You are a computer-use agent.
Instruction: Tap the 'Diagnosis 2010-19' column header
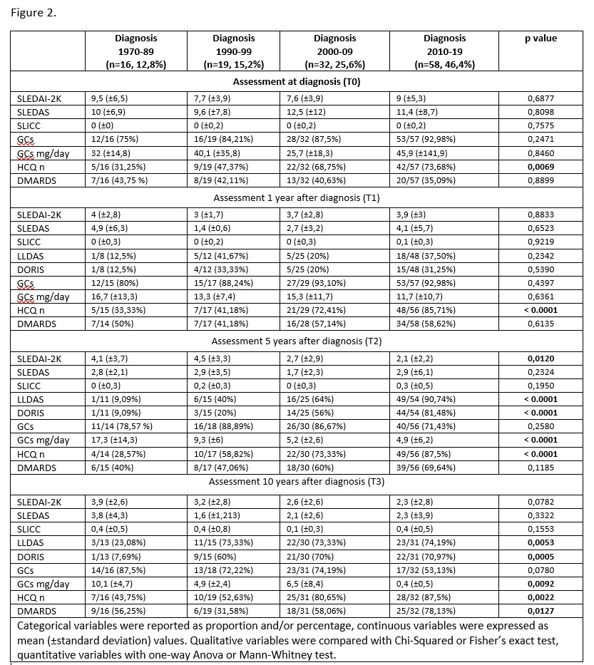coord(444,51)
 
